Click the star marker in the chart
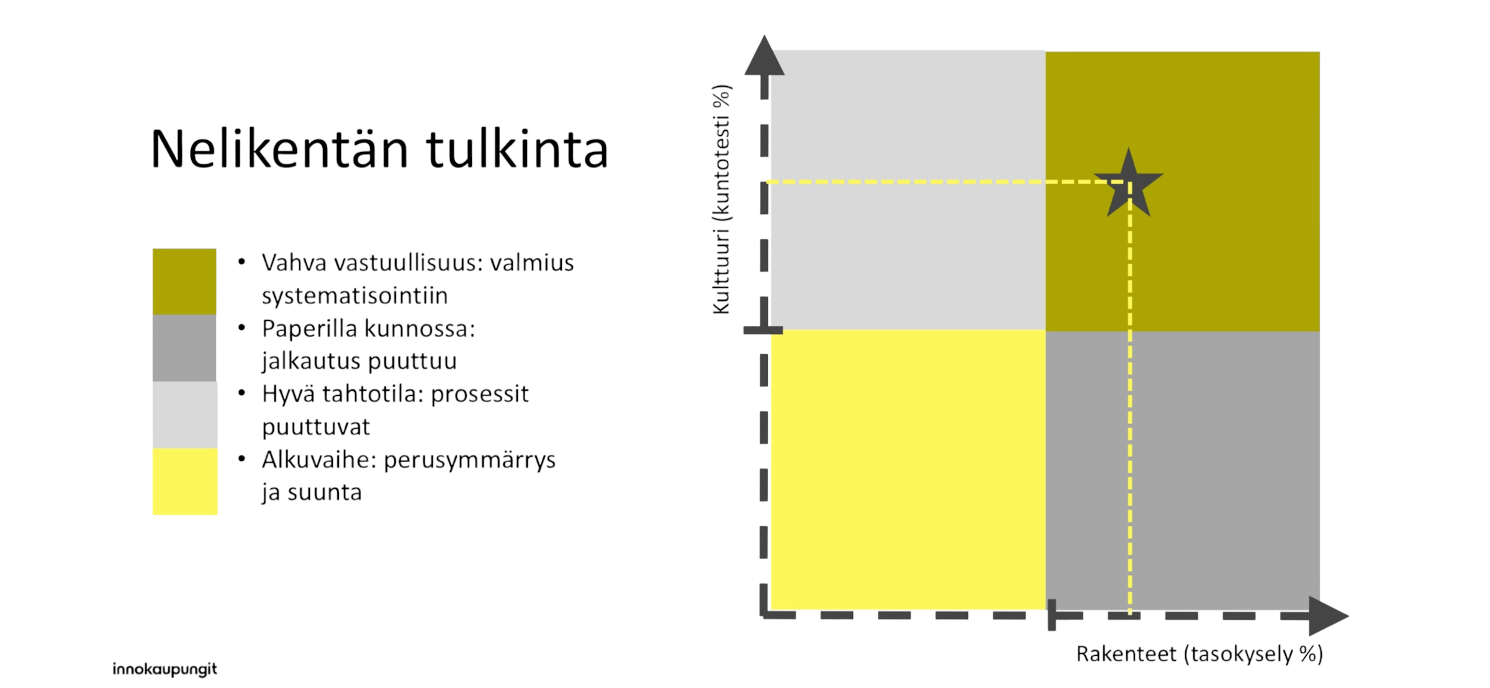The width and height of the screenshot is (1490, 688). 1128,185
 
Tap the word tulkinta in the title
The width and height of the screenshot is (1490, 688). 517,150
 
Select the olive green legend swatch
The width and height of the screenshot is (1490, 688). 184,282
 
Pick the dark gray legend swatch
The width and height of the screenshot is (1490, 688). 184,348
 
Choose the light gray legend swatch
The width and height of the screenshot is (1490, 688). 185,414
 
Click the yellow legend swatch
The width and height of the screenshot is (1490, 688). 185,481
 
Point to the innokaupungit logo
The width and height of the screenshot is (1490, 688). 165,669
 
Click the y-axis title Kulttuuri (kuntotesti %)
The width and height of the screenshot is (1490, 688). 721,199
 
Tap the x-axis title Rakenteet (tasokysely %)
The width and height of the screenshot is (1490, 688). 1199,654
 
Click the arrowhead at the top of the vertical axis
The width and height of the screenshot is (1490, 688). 764,56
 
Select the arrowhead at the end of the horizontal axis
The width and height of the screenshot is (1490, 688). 1329,616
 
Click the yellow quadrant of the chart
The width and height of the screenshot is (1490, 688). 908,470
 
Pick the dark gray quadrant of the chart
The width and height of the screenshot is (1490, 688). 1183,470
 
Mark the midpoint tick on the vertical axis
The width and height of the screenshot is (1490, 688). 763,331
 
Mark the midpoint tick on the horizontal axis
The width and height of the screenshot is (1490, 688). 1052,615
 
